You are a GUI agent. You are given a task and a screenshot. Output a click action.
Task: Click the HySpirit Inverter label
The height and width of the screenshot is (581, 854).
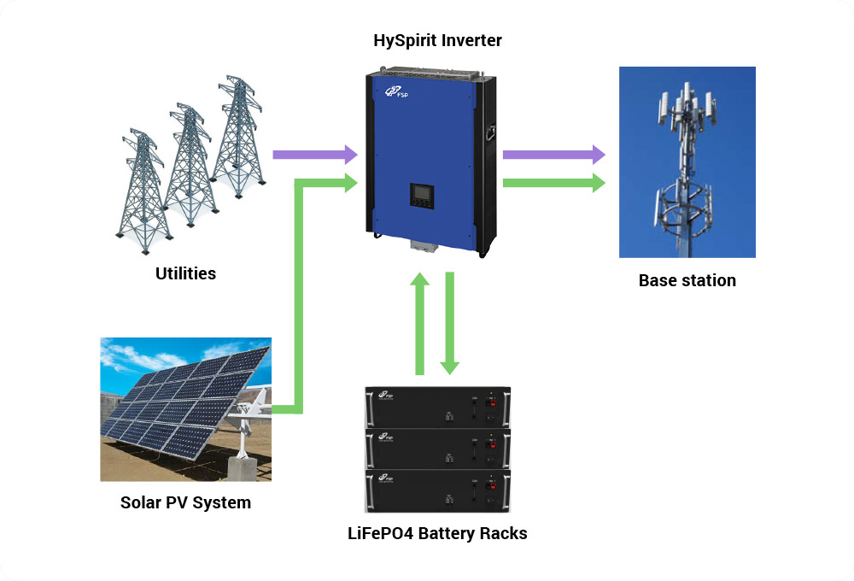click(437, 40)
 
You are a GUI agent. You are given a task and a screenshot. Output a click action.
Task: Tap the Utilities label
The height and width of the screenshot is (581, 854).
click(185, 273)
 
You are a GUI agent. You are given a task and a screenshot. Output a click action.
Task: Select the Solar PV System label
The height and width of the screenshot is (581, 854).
click(185, 502)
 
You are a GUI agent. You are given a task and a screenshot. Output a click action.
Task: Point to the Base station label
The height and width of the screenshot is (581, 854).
click(687, 280)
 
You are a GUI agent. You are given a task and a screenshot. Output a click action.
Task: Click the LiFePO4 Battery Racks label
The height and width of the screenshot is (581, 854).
click(437, 534)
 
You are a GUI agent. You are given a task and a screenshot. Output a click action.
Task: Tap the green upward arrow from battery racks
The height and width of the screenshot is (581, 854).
click(419, 325)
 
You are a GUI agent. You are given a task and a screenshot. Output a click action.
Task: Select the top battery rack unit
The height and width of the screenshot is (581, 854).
click(437, 407)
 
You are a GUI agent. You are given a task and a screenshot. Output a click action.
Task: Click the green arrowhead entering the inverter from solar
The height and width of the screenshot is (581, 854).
click(349, 182)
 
